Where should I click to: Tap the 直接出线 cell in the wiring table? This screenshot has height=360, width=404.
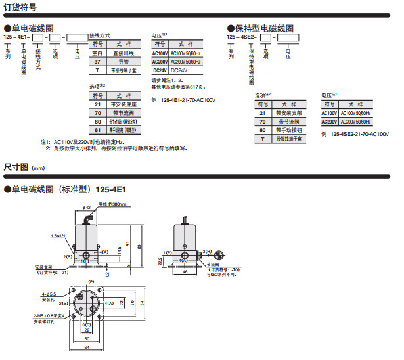pyautogui.click(x=123, y=53)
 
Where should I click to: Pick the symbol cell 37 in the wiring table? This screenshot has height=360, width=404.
pyautogui.click(x=97, y=61)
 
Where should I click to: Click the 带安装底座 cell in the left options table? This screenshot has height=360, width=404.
pyautogui.click(x=124, y=104)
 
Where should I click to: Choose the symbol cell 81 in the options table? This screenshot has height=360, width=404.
pyautogui.click(x=97, y=129)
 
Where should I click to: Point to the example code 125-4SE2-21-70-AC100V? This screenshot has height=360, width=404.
pyautogui.click(x=359, y=133)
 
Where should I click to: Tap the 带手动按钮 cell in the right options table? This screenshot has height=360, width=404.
pyautogui.click(x=289, y=130)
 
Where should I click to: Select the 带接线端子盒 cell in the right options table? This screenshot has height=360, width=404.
pyautogui.click(x=289, y=139)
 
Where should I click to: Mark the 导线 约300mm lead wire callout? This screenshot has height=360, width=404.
pyautogui.click(x=112, y=204)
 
